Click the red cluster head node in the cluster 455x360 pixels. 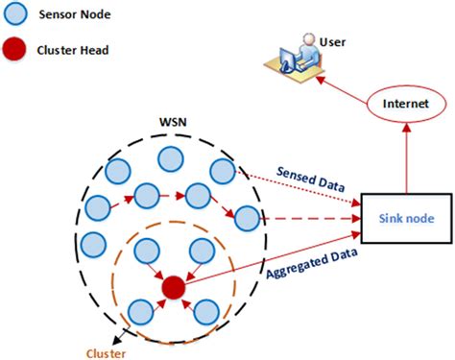pos(173,287)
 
